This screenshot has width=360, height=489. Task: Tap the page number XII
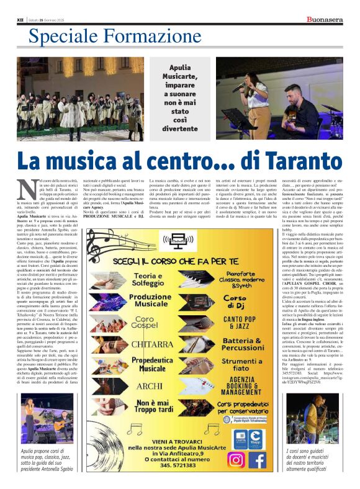[19, 20]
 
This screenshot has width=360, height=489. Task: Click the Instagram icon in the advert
[235, 460]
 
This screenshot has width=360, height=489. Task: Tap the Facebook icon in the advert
[257, 460]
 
